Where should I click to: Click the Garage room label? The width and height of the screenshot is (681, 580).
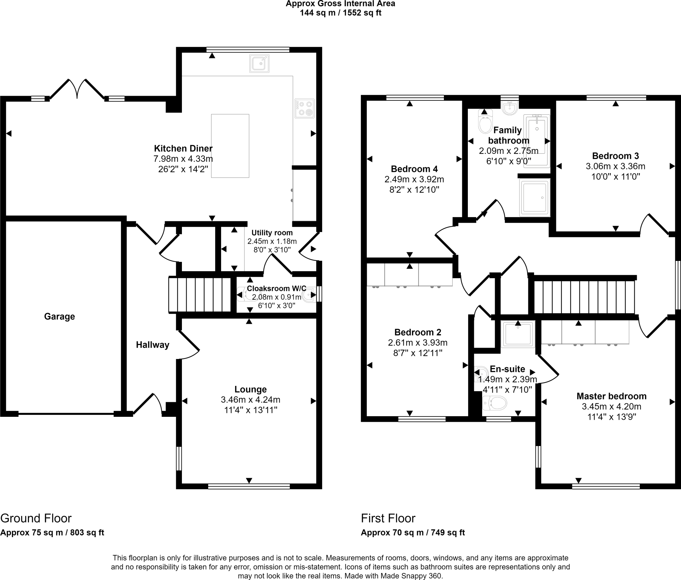pos(60,316)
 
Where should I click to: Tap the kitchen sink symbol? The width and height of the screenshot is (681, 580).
pos(259,63)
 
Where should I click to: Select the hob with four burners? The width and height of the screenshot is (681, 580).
pos(304,108)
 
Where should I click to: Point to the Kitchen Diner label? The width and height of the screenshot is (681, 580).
pos(183,148)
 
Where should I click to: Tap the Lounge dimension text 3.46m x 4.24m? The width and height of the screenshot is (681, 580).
pos(250,400)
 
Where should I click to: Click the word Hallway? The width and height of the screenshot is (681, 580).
pos(153,345)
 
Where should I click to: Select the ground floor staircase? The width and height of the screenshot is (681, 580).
pos(200,294)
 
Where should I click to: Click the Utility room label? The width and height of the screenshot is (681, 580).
pos(272,233)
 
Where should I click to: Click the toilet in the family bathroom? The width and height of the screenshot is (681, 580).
pos(485,123)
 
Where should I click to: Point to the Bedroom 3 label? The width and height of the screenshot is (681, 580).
pos(615,156)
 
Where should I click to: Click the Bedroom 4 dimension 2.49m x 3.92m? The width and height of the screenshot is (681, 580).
pos(414,179)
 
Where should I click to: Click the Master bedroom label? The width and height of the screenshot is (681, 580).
pos(612,396)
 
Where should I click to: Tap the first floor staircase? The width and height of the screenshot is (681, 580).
pos(584,297)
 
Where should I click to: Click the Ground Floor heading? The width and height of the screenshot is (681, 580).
pos(36,518)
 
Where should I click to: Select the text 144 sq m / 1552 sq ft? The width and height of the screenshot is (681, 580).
pos(340,13)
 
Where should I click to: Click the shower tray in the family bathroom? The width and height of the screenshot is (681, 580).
pos(535,197)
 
